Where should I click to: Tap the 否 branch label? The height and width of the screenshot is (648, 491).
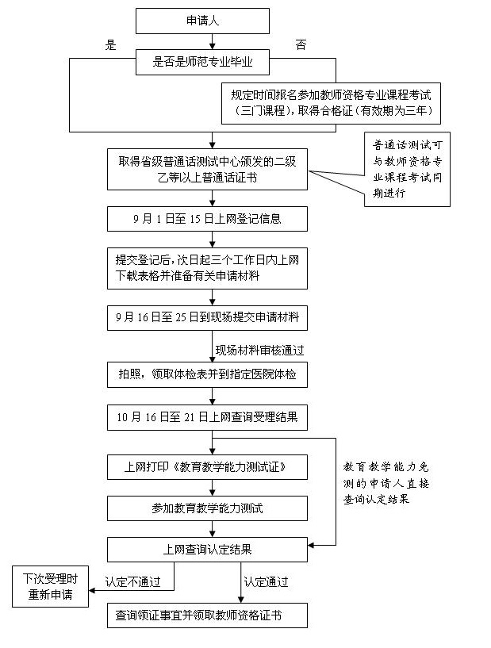coord(301,45)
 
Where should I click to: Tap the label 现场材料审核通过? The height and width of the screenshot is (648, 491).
coord(259,349)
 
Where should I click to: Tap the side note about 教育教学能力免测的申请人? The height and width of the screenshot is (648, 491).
coord(389,484)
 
